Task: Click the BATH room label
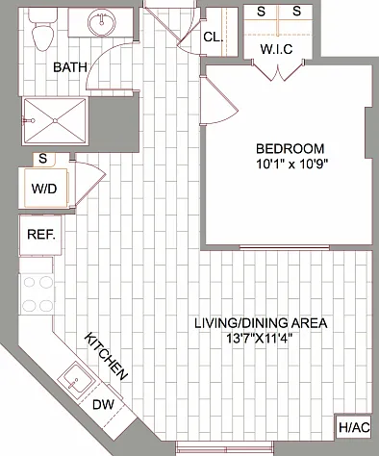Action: pos(70,67)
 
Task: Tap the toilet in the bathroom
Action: pos(42,30)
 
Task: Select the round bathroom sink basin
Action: pos(102,22)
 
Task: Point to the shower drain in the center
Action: pos(56,121)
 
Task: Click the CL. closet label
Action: pos(214,38)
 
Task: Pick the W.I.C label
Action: pos(276,49)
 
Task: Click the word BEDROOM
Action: pos(291,149)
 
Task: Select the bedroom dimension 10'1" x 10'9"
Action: pos(291,164)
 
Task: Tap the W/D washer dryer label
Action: pos(44,189)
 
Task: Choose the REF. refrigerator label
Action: pos(41,235)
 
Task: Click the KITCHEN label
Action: pos(106,356)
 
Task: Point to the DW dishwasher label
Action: pos(103,405)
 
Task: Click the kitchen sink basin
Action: pos(76,381)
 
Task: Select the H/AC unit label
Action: pos(354,427)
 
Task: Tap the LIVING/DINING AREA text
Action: pos(261,323)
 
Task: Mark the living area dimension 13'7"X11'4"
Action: pos(260,339)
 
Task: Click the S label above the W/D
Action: pos(42,159)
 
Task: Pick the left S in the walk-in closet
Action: pos(262,12)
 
